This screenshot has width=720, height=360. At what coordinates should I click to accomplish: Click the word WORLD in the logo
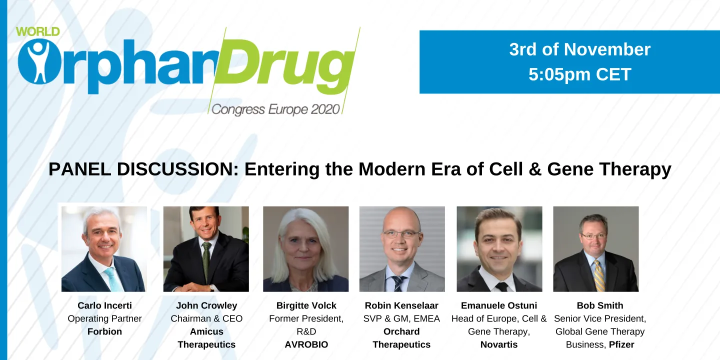[37, 31]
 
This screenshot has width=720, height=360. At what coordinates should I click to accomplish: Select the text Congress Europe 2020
[275, 109]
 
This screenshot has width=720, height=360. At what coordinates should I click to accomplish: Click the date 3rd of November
[579, 49]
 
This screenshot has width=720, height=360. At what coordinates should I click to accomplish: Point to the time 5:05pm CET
[579, 74]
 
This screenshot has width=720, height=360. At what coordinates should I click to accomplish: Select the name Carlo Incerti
[104, 305]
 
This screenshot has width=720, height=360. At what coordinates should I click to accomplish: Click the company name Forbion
[104, 331]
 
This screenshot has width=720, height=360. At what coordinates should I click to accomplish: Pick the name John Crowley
[206, 305]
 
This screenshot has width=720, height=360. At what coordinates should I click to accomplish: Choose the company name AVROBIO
[306, 344]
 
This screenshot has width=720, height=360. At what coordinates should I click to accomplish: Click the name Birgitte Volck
[306, 305]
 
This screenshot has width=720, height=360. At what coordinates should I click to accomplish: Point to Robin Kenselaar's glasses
[401, 234]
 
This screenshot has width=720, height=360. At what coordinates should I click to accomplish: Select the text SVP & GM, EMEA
[401, 318]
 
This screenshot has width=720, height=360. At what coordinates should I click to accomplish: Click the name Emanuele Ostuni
[499, 305]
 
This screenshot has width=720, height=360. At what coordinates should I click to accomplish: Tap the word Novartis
[499, 344]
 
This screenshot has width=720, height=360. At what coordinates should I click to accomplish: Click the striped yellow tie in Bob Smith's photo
[598, 274]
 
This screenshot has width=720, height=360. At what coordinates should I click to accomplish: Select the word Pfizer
[621, 344]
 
